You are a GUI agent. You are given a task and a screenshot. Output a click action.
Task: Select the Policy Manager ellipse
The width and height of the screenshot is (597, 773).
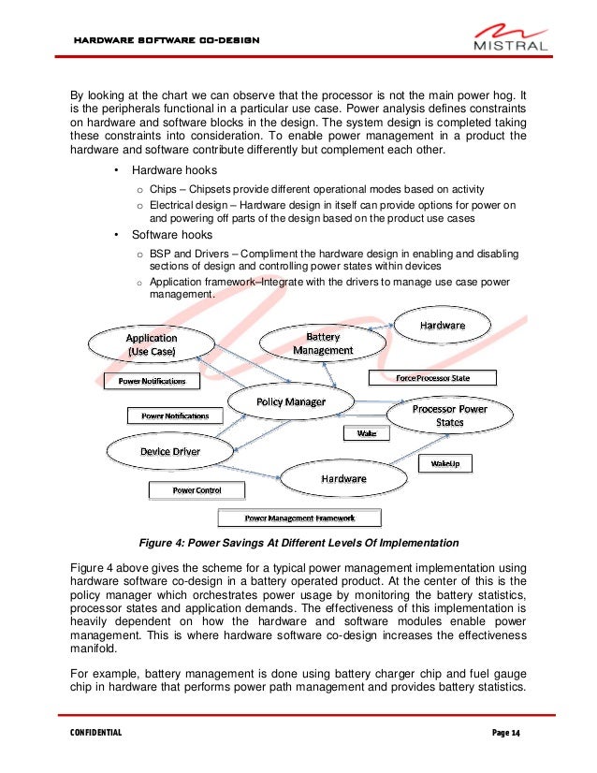(291, 401)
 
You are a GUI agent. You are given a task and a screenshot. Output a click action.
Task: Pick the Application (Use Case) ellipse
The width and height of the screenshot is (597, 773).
(152, 343)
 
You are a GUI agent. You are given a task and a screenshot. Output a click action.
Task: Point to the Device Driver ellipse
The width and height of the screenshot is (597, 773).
(169, 452)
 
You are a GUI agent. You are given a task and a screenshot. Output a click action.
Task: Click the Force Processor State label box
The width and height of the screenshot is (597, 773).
(432, 378)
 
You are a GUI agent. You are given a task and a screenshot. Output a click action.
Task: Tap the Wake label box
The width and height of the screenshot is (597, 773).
(360, 433)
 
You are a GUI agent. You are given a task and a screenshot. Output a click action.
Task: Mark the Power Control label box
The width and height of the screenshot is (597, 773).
(196, 489)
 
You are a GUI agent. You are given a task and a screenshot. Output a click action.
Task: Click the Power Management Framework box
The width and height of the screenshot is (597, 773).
(299, 518)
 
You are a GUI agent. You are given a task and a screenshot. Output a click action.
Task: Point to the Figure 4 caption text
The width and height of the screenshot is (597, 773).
(298, 543)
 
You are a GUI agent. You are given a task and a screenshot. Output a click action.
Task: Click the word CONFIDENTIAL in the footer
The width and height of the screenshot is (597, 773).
(96, 731)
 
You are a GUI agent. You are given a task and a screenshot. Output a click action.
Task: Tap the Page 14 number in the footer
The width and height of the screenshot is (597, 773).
(505, 731)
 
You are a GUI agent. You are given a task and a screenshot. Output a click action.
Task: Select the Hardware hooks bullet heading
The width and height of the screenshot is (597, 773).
(174, 171)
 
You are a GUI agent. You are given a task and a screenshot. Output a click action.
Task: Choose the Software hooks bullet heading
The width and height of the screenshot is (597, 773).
(172, 235)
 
